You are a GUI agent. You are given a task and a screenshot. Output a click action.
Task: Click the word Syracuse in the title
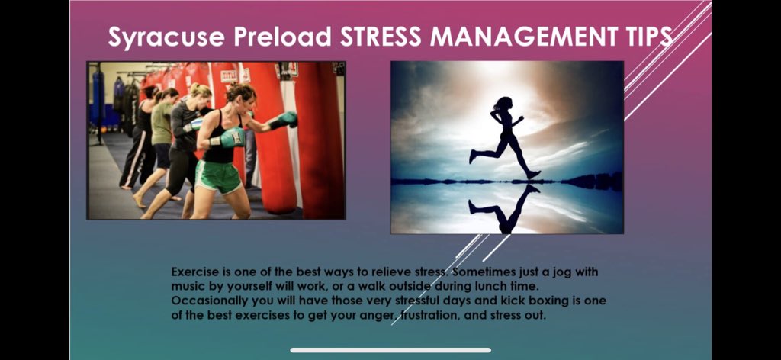156,37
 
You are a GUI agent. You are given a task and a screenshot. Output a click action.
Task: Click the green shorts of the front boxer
217,176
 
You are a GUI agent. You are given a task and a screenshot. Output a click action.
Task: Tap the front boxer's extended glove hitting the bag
286,119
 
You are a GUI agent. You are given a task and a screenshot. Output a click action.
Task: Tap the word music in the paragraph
188,286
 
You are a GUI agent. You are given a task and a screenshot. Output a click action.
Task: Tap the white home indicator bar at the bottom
390,350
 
